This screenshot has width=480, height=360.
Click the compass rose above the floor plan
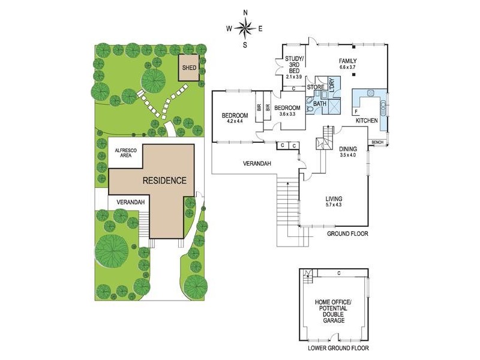pos(245,28)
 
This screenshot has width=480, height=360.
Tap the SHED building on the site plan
pos(190,68)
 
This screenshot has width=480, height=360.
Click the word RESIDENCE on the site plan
pos(164,181)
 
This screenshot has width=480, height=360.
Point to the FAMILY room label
pos(347,61)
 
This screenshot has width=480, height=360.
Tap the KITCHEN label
pos(367,121)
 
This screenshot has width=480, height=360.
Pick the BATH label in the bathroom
pos(320,104)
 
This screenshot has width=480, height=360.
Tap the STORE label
pos(316,88)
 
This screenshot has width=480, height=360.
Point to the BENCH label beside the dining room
pos(377,142)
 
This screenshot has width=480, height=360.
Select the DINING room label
pos(348,149)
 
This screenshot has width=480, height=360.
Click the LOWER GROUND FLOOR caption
pos(338,348)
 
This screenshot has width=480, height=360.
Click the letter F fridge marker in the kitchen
pos(356,111)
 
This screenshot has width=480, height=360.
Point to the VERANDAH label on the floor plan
pos(257,164)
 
